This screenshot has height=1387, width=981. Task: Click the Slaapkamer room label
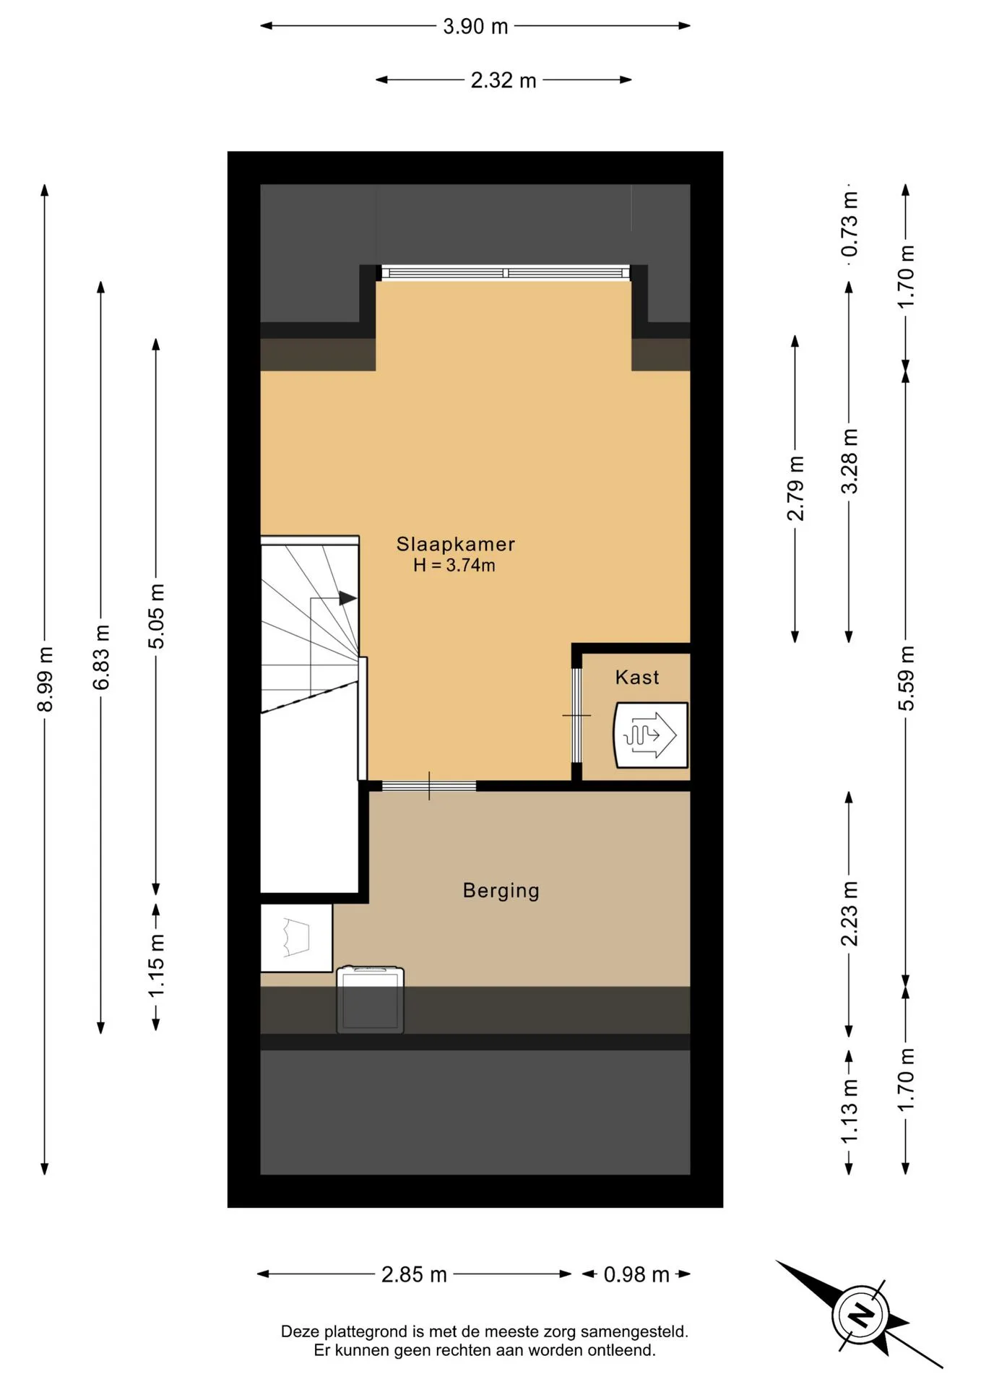(455, 544)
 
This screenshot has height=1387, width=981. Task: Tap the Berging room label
(501, 891)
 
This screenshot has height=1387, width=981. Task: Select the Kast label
(637, 677)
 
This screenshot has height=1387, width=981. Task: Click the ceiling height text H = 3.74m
(454, 565)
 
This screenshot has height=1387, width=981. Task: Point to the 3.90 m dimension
(475, 27)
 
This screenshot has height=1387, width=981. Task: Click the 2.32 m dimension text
(504, 80)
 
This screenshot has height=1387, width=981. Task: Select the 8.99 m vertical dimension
(45, 679)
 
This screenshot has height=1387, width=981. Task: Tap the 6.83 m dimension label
(101, 657)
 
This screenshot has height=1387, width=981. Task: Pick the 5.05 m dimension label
(156, 616)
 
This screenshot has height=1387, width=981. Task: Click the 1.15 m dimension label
(156, 965)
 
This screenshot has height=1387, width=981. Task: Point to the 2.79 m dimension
(795, 488)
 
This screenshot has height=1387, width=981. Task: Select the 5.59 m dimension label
(906, 678)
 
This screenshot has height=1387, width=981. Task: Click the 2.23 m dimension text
(850, 914)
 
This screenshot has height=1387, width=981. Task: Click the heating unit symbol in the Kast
(650, 735)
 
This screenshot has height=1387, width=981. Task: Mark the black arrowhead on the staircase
(348, 598)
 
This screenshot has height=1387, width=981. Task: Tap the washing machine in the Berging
(370, 999)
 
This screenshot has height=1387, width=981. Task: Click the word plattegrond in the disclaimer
(366, 1331)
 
